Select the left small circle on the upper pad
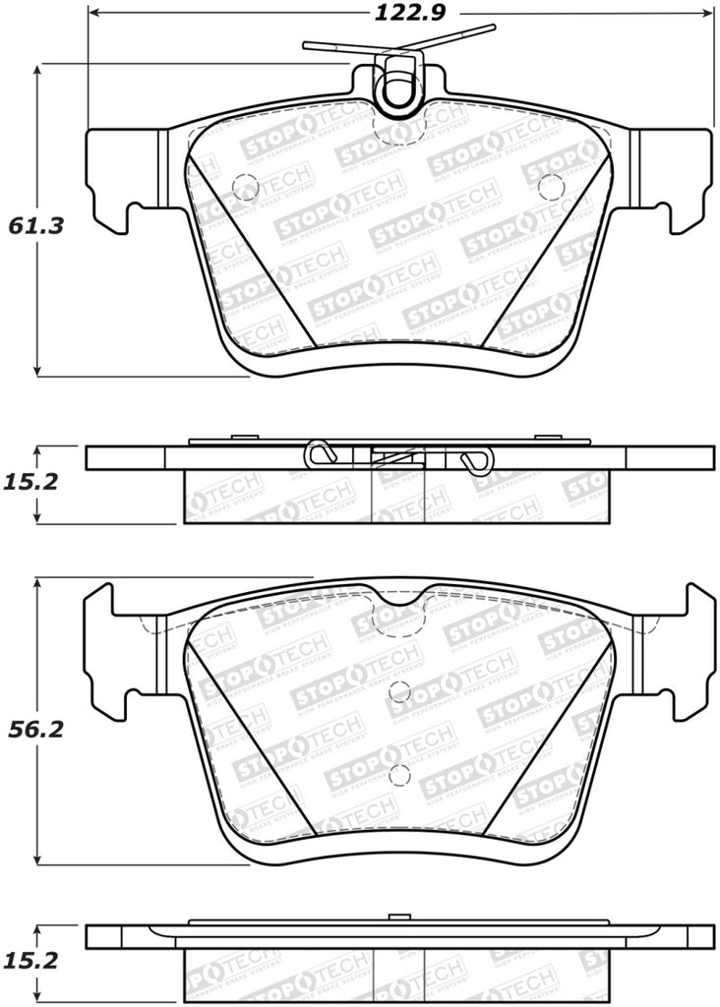pyautogui.click(x=243, y=185)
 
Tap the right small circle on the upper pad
pyautogui.click(x=551, y=185)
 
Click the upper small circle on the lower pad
pyautogui.click(x=397, y=689)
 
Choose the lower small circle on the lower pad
pyautogui.click(x=397, y=773)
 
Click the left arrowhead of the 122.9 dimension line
pyautogui.click(x=94, y=13)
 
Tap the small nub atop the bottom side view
pyautogui.click(x=397, y=918)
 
